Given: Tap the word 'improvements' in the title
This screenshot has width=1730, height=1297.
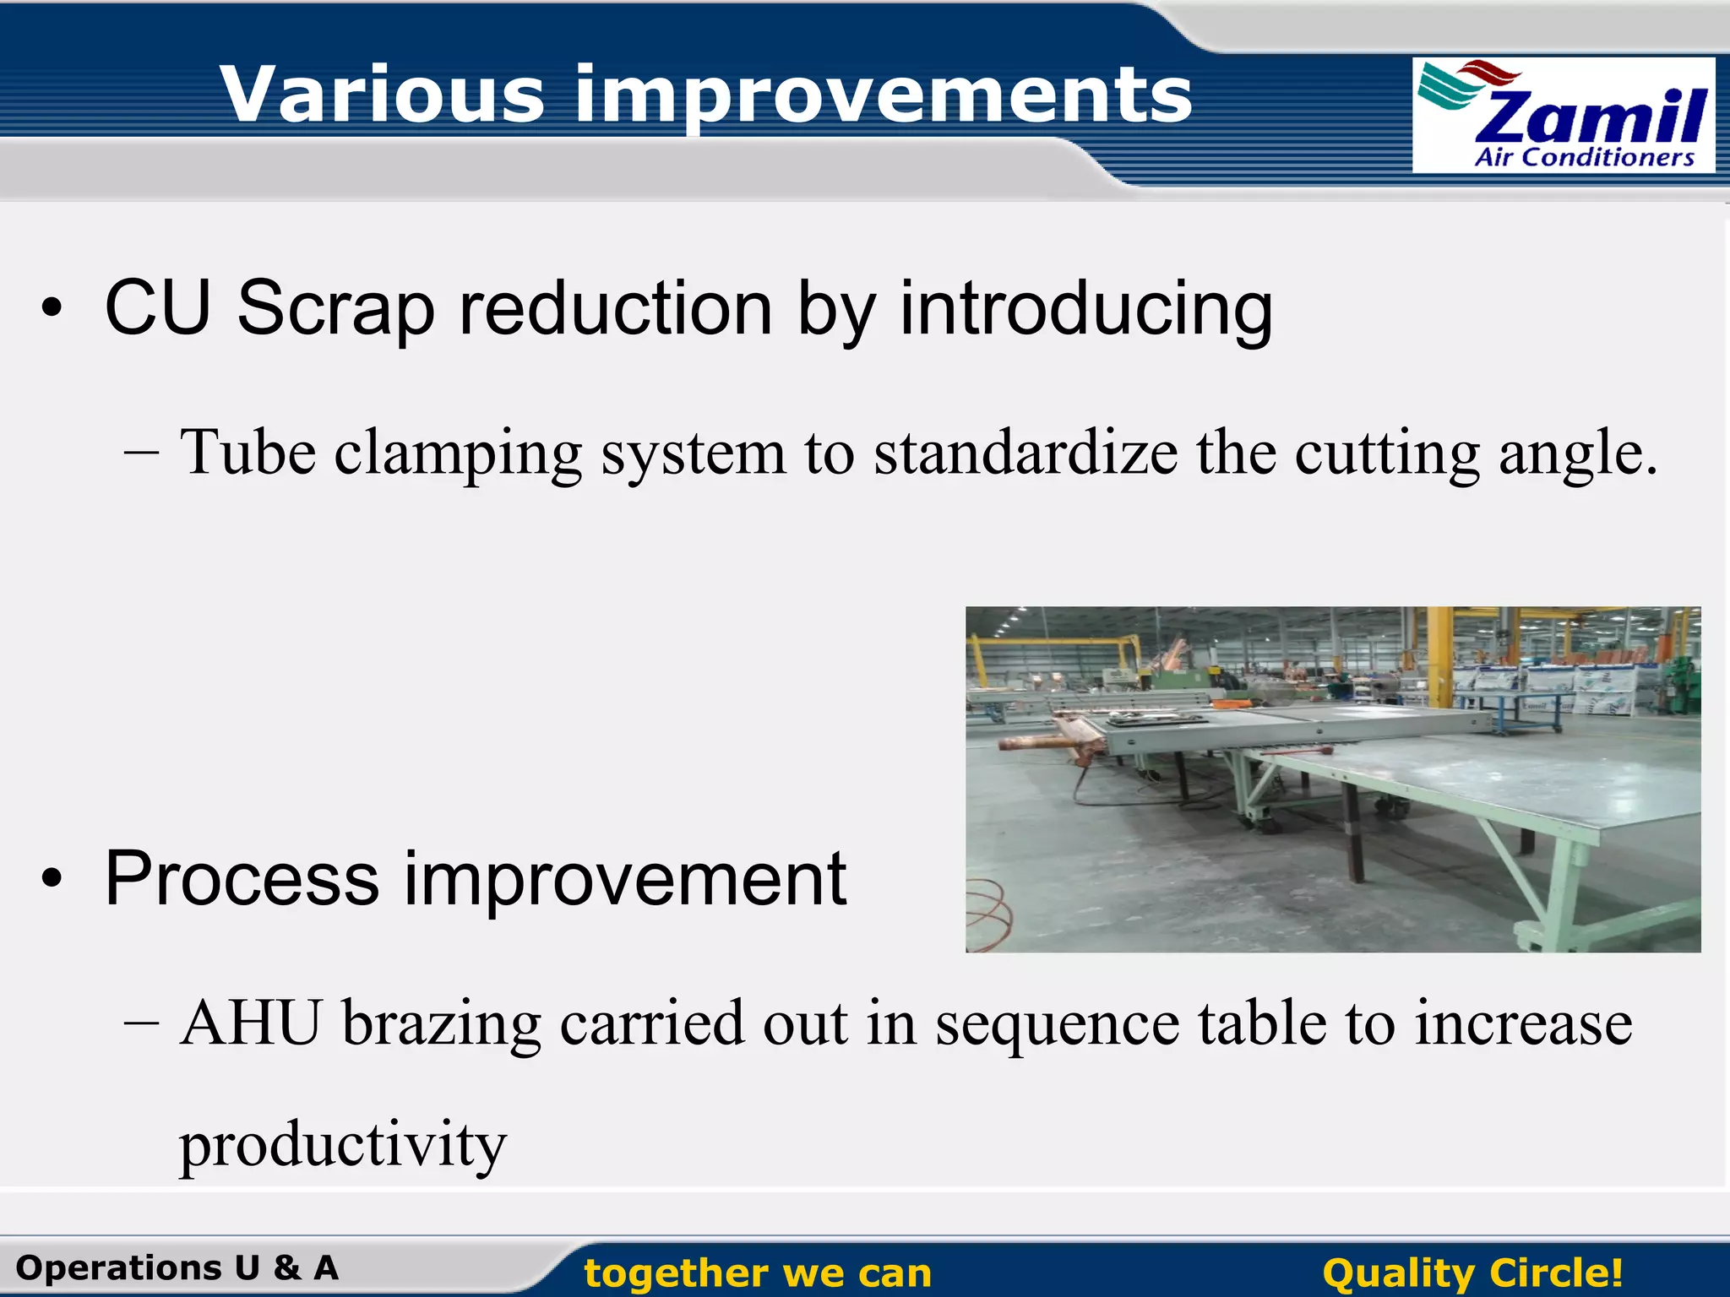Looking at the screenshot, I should (883, 95).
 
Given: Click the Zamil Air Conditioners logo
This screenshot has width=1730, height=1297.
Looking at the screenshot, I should (1563, 115).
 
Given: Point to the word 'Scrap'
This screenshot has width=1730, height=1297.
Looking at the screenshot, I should (335, 309).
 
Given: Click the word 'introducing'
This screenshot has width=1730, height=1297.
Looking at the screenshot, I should (1085, 309).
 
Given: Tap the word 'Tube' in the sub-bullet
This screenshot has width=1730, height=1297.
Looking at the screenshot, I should (248, 453).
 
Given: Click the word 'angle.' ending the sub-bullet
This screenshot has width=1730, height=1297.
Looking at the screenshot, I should (1578, 454).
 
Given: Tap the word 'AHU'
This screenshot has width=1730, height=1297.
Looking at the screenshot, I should (251, 1023).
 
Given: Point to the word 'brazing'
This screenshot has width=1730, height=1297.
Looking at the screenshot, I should (441, 1024).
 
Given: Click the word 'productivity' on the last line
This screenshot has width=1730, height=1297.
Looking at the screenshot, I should (342, 1145).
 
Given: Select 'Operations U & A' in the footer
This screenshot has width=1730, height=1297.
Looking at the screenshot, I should (177, 1267).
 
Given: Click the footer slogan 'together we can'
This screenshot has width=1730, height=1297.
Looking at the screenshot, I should (758, 1273).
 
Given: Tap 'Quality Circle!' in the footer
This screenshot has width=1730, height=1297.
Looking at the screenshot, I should (1472, 1273).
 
